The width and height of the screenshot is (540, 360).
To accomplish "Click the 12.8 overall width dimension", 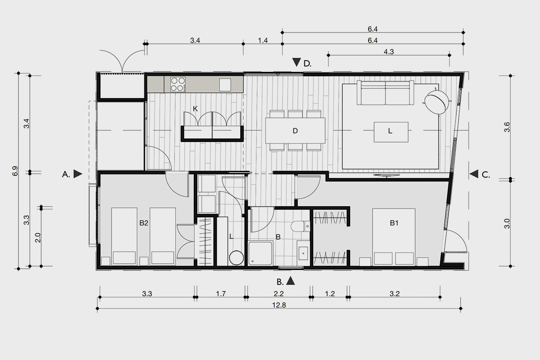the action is point(279,305).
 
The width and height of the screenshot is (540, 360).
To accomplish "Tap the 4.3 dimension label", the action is point(389,52).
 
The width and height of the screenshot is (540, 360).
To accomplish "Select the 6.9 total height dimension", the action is point(15,171).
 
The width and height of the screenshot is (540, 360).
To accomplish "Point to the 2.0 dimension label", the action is point(38,238).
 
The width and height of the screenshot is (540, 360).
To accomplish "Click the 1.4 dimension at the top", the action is point(263,41).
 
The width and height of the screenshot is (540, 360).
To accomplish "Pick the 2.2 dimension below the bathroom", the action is point(279,294).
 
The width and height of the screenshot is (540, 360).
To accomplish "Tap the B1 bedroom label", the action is point(394,223).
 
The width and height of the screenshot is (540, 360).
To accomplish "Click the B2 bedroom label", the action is point(144,223).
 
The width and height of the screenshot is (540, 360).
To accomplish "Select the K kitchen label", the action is point(195,109).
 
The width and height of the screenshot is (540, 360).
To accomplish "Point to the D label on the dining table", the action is point(295,131).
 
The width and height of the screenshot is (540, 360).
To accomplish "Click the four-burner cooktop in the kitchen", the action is point(178,85).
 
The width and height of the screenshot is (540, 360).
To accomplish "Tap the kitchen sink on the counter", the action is point(225,85).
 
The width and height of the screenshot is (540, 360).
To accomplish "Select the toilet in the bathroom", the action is point(301,226).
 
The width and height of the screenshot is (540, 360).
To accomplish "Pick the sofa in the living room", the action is point(385,93).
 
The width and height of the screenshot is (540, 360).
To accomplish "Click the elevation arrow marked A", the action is point(77,174).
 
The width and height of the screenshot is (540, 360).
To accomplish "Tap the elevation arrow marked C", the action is point(474,174).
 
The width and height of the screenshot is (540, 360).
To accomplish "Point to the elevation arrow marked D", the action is point(297,62).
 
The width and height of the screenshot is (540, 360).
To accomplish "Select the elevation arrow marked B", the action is point(290,281).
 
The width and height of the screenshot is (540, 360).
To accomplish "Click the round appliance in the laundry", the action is point(236,258).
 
